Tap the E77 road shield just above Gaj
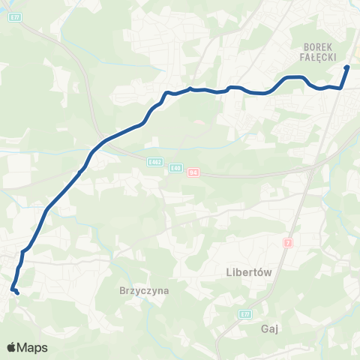(245, 313)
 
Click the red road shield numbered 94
(193, 172)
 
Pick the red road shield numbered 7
(288, 243)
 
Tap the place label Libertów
(248, 272)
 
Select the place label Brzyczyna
(143, 289)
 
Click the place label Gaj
(271, 328)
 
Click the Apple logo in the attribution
(12, 347)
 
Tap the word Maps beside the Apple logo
(33, 347)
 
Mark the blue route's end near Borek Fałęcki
(346, 67)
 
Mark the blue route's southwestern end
(16, 292)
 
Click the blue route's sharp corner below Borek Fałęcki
(342, 88)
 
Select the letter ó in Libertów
(260, 272)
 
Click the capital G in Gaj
(265, 328)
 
